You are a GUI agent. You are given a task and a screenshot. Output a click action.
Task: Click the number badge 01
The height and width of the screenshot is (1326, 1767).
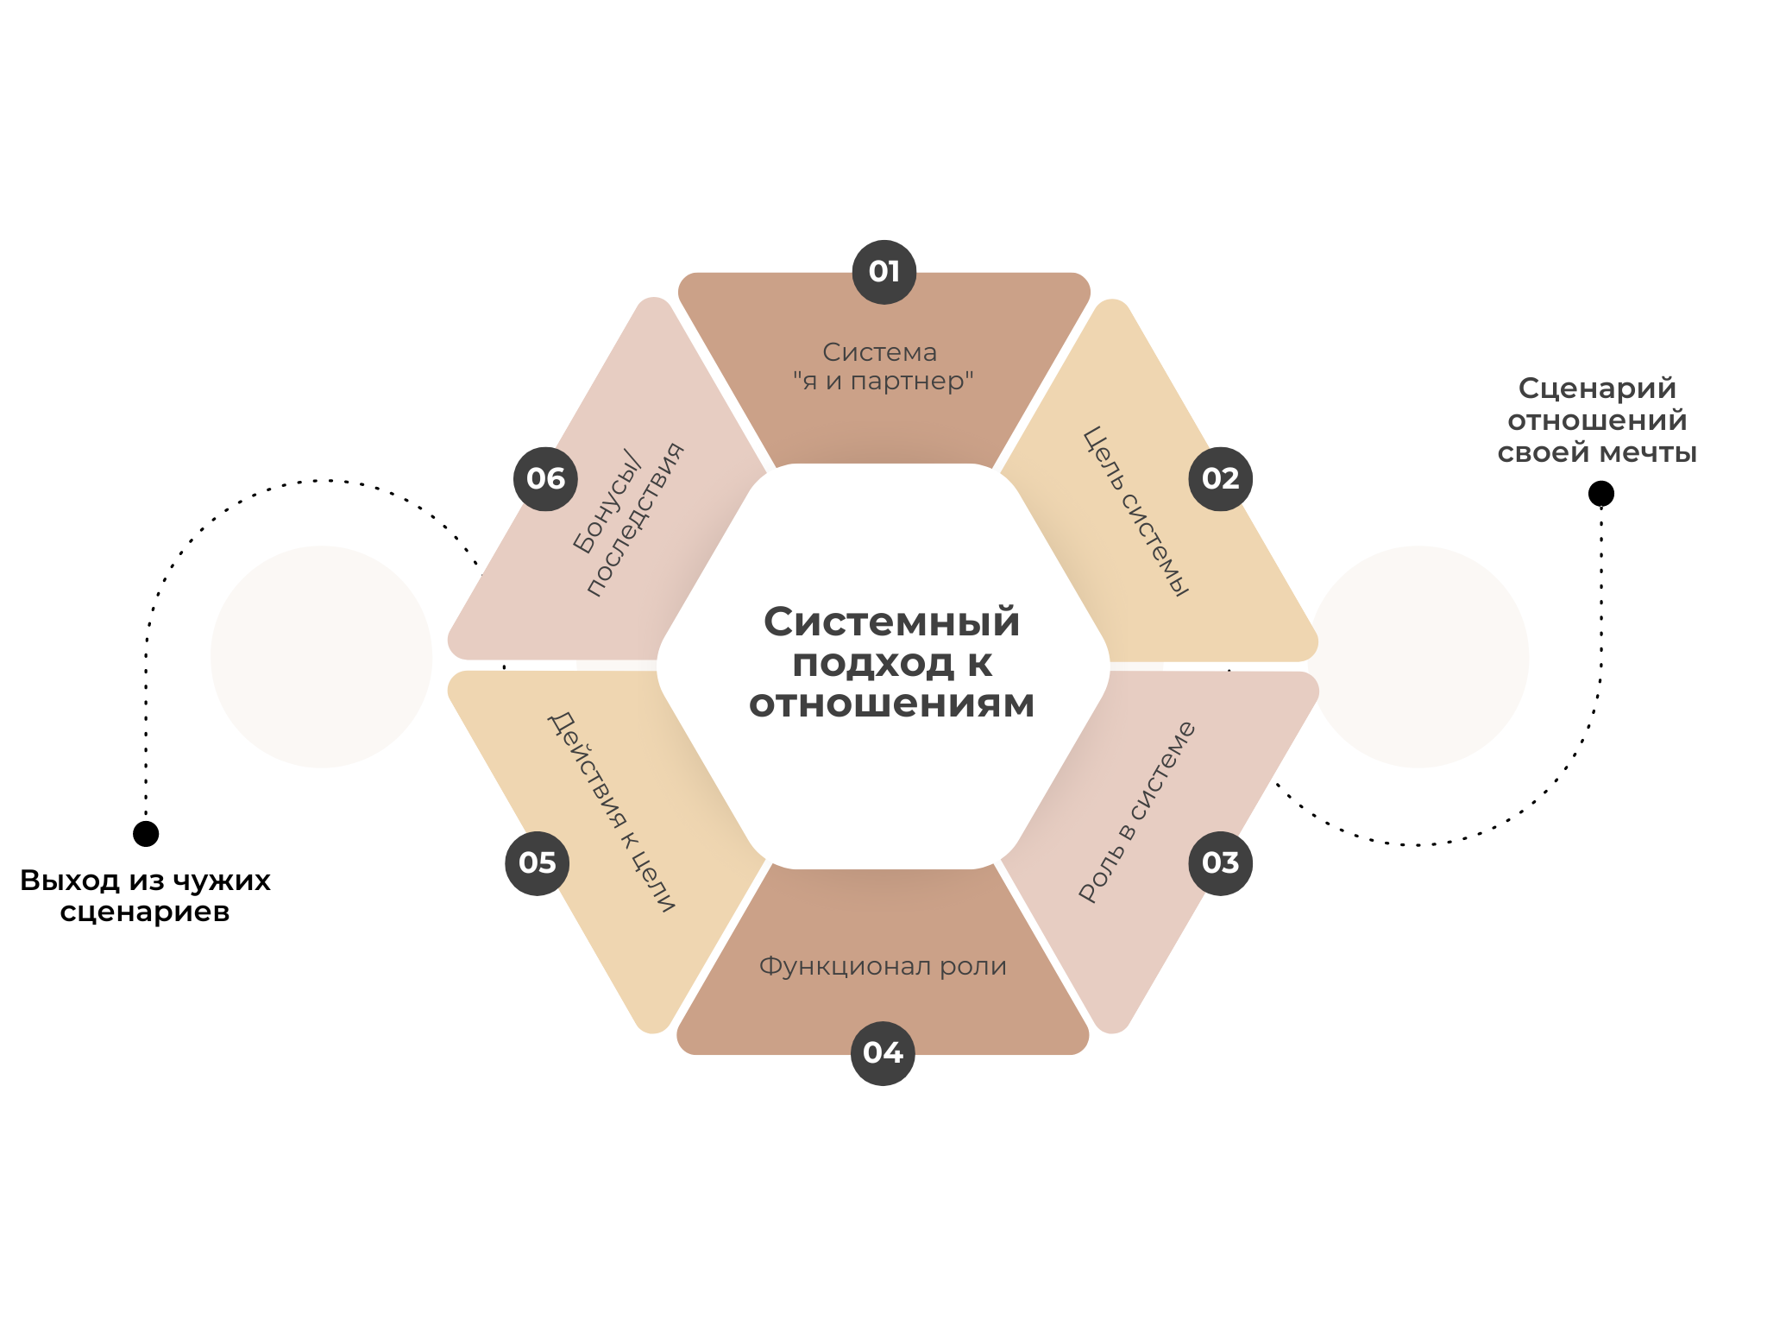coord(883,272)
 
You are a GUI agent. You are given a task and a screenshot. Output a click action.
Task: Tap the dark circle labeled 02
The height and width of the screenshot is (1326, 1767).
coord(1220,478)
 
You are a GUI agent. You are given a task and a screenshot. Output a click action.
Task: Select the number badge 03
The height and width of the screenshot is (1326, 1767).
coord(1220,862)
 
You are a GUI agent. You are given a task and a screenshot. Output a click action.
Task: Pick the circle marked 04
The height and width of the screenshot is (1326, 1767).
coord(883,1052)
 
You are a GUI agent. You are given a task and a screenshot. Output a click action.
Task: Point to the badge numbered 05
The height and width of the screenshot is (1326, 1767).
coord(537,862)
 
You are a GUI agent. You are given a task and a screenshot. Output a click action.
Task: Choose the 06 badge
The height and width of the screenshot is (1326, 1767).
coord(545,478)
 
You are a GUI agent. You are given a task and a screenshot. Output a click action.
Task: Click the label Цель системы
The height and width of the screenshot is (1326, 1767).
coord(1135,512)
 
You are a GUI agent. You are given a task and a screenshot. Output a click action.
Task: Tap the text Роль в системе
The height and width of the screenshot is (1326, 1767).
coord(1136,811)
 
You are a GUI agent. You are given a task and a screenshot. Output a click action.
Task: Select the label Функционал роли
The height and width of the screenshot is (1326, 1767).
coord(883,966)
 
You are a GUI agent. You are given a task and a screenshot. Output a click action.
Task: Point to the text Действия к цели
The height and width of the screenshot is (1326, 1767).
coord(611,811)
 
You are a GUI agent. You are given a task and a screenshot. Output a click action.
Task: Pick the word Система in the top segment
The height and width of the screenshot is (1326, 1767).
coord(879,352)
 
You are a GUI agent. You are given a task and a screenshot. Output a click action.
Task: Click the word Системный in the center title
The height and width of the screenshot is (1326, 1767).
coord(891,622)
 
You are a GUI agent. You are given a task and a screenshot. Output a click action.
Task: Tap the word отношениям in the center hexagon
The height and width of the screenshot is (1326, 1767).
coord(891,704)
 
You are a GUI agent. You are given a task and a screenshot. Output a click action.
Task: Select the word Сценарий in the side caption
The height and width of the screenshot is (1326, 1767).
coord(1597,388)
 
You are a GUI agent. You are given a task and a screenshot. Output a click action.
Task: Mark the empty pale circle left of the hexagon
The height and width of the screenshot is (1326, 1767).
coord(321,657)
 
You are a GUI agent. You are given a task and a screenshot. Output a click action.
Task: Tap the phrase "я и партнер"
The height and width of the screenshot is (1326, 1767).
coord(883,381)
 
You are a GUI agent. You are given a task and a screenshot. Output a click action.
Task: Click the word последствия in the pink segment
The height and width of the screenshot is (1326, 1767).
coord(636,521)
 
